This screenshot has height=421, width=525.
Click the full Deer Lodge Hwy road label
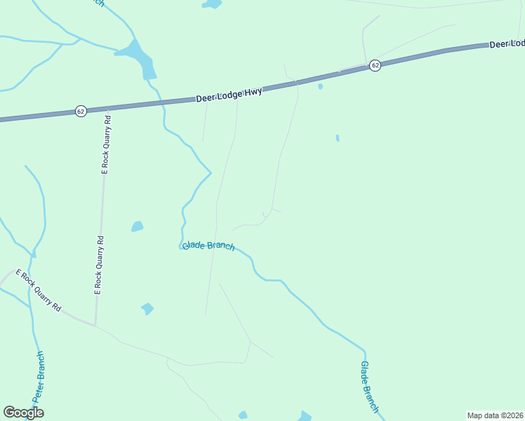(230, 95)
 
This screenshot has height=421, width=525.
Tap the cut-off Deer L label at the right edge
(506, 44)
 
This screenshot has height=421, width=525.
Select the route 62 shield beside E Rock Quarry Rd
(81, 111)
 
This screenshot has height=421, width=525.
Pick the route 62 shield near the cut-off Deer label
(376, 65)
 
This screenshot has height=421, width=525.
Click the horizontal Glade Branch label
(208, 246)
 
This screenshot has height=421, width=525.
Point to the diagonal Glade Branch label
(369, 387)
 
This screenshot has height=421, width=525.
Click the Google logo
(24, 413)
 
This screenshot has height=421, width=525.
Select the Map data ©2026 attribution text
(495, 415)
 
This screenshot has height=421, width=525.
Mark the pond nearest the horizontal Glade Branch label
(137, 227)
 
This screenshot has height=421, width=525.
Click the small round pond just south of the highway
(320, 86)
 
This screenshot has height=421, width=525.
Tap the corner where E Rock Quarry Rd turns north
(95, 325)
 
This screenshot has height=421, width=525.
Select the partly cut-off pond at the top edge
(212, 4)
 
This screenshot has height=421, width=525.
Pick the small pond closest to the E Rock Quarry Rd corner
(147, 308)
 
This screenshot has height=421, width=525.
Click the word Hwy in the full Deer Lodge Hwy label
(253, 92)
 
